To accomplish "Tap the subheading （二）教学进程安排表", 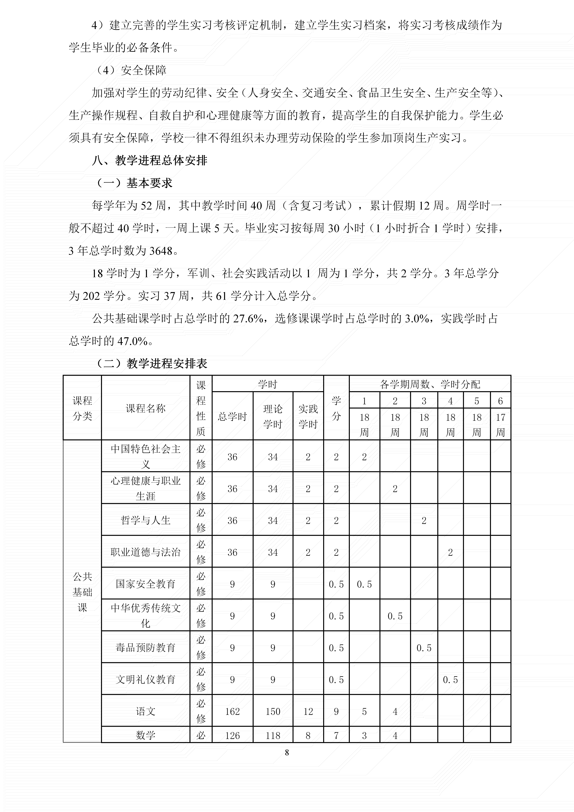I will [152, 363].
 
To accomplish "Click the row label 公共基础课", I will [82, 592].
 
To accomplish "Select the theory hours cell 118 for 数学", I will [273, 736].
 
